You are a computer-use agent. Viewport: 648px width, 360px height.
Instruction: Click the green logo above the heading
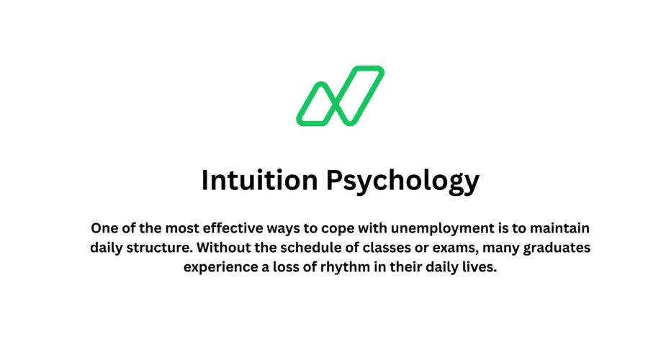click(341, 96)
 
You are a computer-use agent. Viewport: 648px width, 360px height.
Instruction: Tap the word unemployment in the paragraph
click(427, 229)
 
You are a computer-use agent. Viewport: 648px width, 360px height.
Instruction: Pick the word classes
click(392, 248)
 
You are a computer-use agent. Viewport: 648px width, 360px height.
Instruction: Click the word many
click(510, 248)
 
